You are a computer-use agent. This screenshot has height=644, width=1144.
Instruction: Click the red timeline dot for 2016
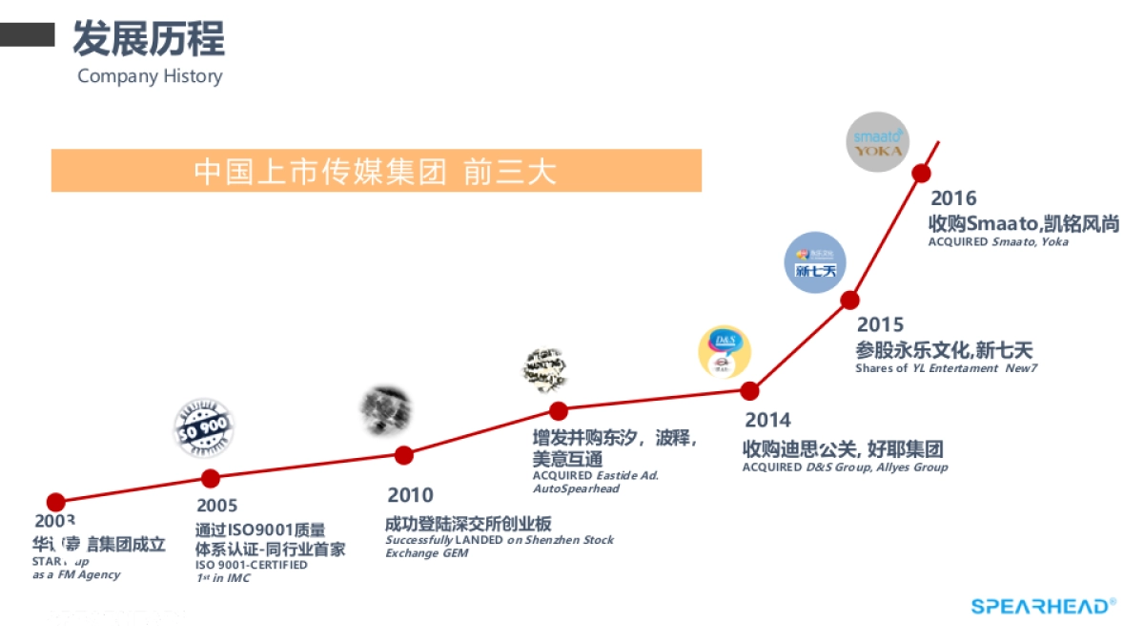[922, 173]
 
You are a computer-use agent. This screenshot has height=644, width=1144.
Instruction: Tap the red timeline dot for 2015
[849, 300]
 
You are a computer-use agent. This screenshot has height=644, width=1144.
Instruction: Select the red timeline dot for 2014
[750, 390]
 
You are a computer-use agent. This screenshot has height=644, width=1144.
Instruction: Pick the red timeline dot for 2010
[404, 455]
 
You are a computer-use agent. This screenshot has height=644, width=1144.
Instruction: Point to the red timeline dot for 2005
[211, 478]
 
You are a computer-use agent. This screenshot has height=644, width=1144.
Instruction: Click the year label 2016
[953, 198]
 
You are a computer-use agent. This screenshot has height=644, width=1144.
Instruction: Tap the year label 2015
[880, 325]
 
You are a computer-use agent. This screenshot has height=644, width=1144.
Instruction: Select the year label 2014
[767, 420]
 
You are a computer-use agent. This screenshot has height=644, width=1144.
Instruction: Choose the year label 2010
[410, 495]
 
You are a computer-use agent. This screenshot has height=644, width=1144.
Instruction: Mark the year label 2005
[217, 506]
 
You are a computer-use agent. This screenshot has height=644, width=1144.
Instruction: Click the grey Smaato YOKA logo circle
[877, 143]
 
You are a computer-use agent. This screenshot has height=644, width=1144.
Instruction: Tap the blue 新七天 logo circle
[815, 262]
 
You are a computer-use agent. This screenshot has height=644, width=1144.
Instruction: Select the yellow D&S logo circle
[725, 352]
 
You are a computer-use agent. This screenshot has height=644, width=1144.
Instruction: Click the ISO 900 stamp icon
[203, 429]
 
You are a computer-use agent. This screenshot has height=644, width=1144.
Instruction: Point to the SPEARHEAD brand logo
[1043, 606]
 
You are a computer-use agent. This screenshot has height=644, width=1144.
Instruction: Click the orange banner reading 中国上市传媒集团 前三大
[376, 171]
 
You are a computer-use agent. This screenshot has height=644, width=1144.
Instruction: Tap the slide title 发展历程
[149, 39]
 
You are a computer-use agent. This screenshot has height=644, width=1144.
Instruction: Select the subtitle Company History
[150, 76]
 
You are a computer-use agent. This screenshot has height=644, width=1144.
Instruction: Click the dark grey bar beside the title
[27, 35]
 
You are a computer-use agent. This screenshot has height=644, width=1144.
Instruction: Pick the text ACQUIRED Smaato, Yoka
[998, 242]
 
